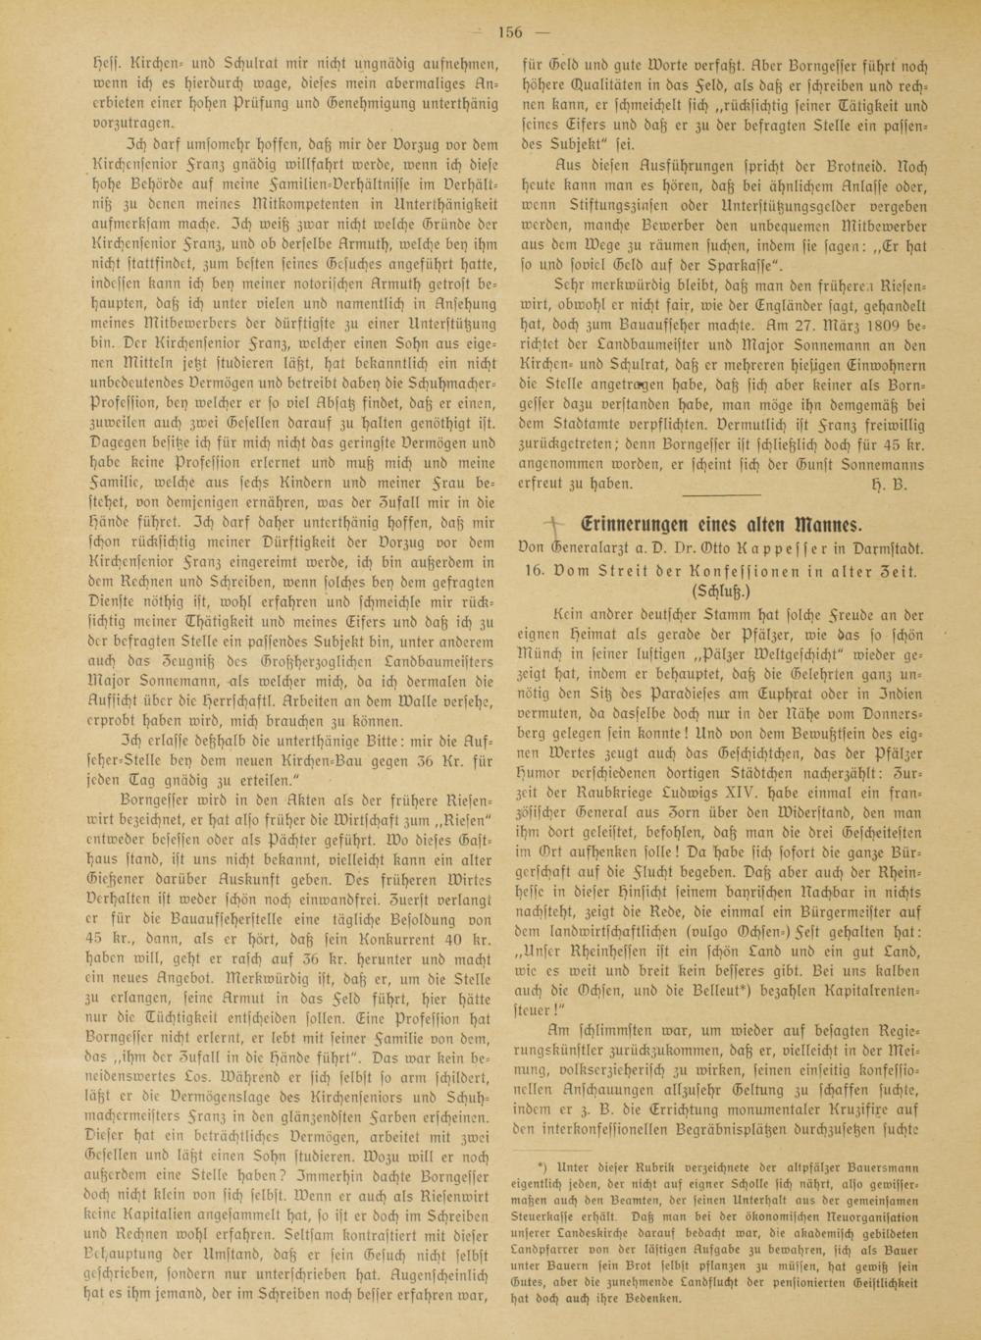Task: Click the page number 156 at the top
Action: pos(510,31)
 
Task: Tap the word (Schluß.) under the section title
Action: pos(723,592)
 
